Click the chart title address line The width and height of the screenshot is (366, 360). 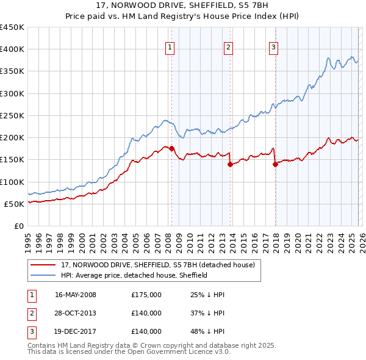pos(183,5)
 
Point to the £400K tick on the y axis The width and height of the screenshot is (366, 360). pos(12,49)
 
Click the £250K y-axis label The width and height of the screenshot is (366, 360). pos(12,116)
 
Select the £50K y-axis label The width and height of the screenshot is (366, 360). pos(15,204)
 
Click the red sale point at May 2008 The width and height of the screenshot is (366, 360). pos(171,148)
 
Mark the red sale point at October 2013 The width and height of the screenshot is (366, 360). pos(230,164)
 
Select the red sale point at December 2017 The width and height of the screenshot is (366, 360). pos(275,164)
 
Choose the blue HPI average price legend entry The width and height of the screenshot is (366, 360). pos(134,275)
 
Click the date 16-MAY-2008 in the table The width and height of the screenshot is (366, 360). pos(76,295)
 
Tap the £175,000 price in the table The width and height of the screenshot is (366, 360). pos(146,295)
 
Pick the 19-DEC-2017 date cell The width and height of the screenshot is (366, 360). pos(76,331)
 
